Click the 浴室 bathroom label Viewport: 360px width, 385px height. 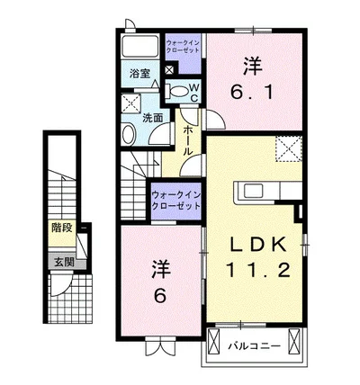point(139,74)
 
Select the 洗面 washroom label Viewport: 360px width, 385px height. point(152,118)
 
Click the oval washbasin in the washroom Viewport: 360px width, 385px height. point(129,134)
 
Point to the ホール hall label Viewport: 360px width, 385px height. point(188,140)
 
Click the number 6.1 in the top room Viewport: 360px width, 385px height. point(252,91)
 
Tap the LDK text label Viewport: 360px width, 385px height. point(257,246)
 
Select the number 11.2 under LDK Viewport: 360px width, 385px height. point(258,270)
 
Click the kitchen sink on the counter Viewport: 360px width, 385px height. point(254,191)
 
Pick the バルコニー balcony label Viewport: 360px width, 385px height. point(255,346)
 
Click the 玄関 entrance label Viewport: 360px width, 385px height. point(64,263)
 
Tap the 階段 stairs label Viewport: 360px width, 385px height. point(62,228)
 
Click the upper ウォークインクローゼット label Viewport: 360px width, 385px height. point(183,46)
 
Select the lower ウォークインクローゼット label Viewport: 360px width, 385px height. point(175,201)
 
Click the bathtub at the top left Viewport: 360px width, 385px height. point(139,45)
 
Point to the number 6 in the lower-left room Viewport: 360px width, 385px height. point(159,296)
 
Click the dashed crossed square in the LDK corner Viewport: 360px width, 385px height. point(289,148)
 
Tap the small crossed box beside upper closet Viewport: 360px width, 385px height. point(169,69)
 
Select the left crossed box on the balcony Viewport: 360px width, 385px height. point(214,342)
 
